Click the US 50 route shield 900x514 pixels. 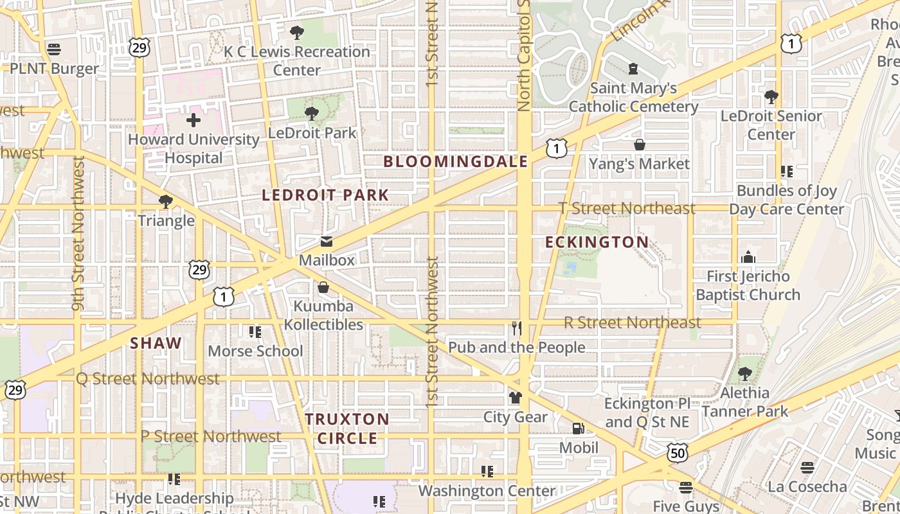[678, 452]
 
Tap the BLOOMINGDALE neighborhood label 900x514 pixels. [455, 161]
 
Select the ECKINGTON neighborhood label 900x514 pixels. [597, 242]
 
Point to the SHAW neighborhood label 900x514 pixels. [156, 343]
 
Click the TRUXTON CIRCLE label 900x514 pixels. [347, 429]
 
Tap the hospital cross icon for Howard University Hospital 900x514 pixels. [193, 120]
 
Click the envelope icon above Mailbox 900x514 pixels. [327, 242]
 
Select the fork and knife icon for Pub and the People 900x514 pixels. [516, 328]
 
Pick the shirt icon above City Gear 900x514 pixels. [515, 398]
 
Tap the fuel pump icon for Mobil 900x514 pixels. [579, 429]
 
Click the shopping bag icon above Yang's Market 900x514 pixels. [639, 145]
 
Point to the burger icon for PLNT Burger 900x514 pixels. [54, 49]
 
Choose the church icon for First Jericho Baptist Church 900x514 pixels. [748, 258]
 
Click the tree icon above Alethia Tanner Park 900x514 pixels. [745, 373]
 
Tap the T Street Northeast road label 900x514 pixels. [627, 208]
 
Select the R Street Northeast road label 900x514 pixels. [632, 323]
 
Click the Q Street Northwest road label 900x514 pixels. [148, 378]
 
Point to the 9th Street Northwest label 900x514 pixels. [78, 234]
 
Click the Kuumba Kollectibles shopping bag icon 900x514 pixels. [323, 287]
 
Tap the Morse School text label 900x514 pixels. [255, 351]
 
